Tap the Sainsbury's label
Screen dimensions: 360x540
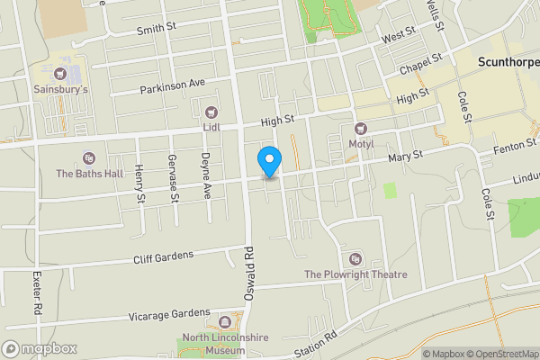click(x=60, y=90)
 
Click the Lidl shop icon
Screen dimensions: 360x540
click(x=211, y=112)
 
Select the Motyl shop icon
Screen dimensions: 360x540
click(x=361, y=129)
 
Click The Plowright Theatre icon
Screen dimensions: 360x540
click(x=355, y=259)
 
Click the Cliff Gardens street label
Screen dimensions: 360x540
click(x=163, y=256)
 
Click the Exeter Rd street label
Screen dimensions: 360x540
click(x=38, y=292)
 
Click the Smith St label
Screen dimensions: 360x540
click(x=157, y=30)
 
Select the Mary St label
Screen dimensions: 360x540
click(x=407, y=157)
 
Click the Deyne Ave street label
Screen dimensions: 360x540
click(x=206, y=175)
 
